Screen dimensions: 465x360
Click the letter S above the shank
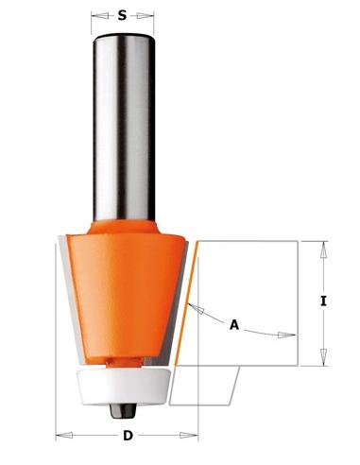click(123, 15)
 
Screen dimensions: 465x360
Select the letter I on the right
click(324, 302)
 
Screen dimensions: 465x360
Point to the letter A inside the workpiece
click(233, 324)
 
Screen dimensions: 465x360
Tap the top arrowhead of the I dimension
click(322, 248)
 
